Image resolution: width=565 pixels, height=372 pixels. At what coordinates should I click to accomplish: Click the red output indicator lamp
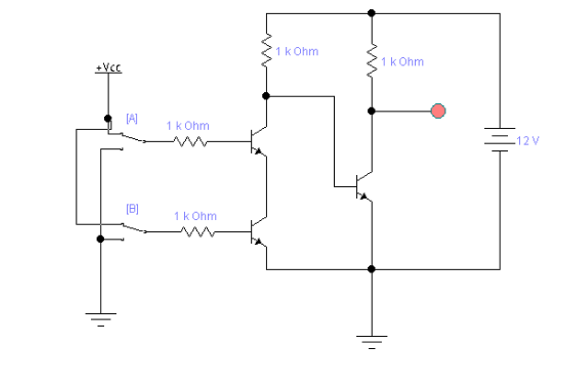coord(439,111)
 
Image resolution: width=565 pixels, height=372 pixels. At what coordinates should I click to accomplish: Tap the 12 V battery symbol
coord(499,140)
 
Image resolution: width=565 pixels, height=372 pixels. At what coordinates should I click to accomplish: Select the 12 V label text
coord(527,141)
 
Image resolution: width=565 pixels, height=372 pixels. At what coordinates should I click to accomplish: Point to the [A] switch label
coord(132,118)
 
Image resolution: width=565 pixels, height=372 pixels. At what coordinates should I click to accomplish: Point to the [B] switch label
coord(132,208)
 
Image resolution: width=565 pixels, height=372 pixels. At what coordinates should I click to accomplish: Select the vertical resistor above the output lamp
coord(372,61)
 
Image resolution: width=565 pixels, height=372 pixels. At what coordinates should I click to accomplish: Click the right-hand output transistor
coord(363,184)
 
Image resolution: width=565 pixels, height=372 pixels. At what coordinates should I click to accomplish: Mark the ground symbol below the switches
coord(99,319)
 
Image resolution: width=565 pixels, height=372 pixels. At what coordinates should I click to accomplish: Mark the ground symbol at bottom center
coord(372,341)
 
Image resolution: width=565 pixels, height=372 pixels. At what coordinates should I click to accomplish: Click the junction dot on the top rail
coord(372,13)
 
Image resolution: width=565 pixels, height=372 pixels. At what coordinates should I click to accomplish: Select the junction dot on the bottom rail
coord(372,270)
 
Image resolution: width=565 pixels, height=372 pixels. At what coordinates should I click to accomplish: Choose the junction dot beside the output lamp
coord(372,111)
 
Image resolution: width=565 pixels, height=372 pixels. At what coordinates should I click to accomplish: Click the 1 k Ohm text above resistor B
coord(196,216)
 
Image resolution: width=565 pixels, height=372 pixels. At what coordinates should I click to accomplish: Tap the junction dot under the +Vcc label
coord(109,118)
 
